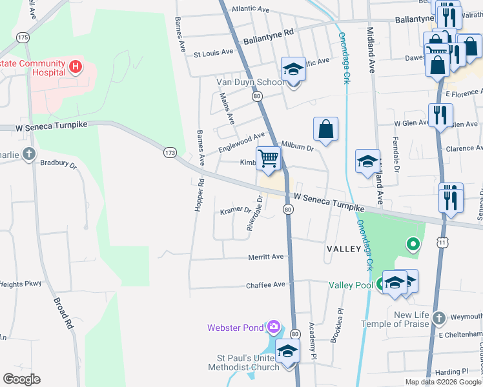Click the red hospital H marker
pyautogui.click(x=76, y=66)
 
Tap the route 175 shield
pyautogui.click(x=24, y=37)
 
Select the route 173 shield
pyautogui.click(x=170, y=153)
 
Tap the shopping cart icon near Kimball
pyautogui.click(x=268, y=158)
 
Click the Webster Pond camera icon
pyautogui.click(x=274, y=327)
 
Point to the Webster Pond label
pyautogui.click(x=235, y=328)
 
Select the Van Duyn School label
pyautogui.click(x=250, y=83)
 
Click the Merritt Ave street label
pyautogui.click(x=266, y=257)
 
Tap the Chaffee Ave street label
pyautogui.click(x=265, y=284)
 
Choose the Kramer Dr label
pyautogui.click(x=235, y=210)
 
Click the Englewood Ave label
pyautogui.click(x=241, y=140)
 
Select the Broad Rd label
pyautogui.click(x=63, y=313)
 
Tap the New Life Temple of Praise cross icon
pyautogui.click(x=438, y=318)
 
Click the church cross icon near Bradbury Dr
pyautogui.click(x=28, y=154)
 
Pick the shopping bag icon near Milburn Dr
pyautogui.click(x=326, y=128)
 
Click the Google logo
pyautogui.click(x=21, y=379)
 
